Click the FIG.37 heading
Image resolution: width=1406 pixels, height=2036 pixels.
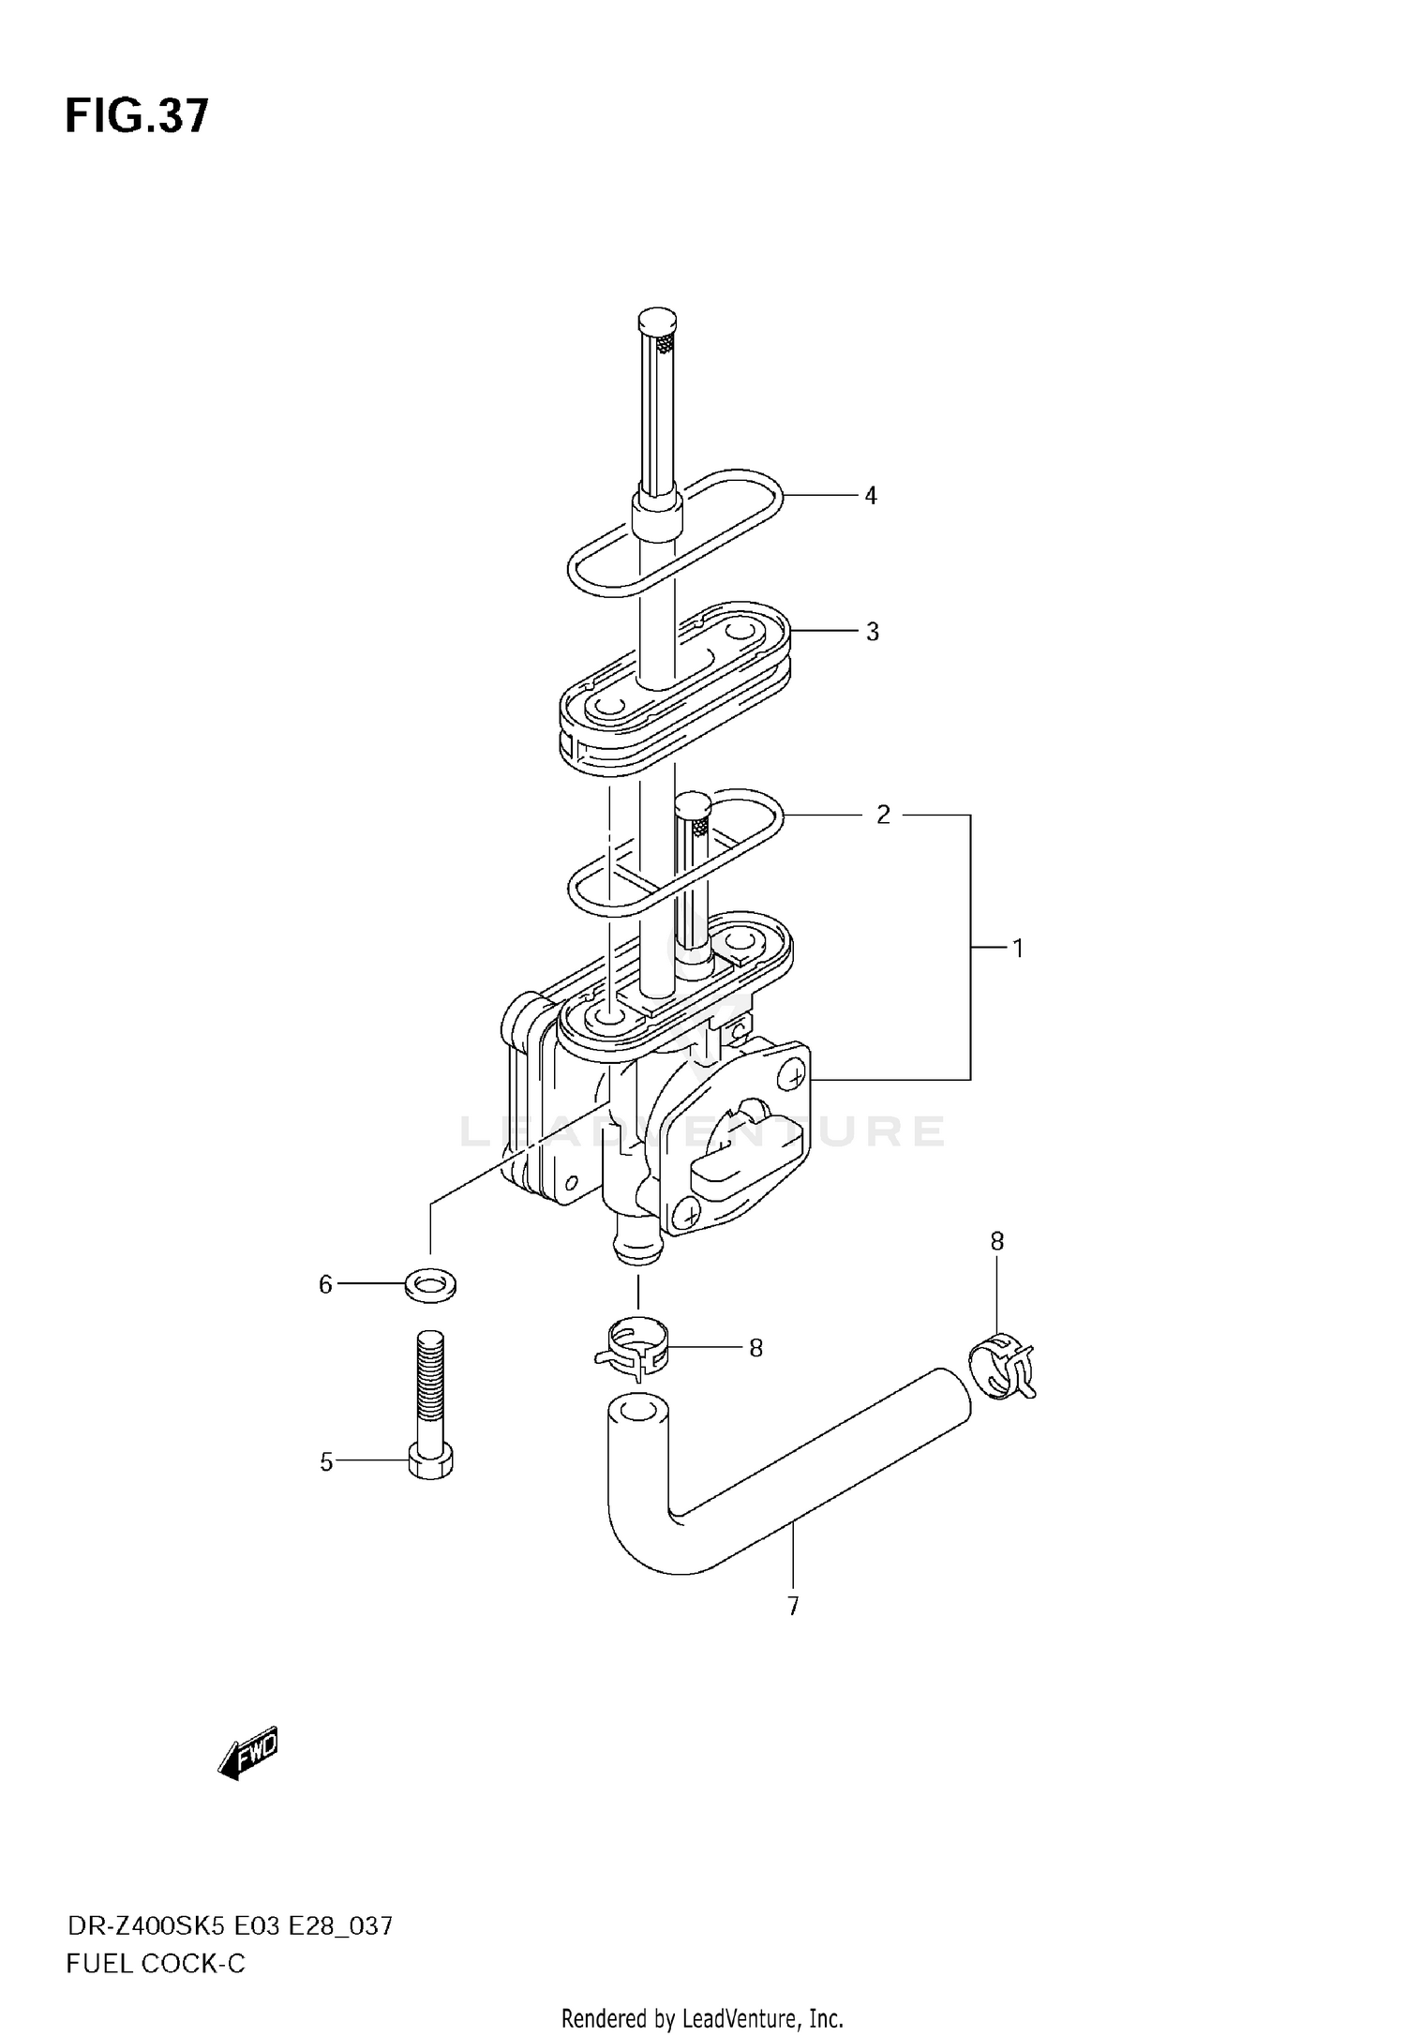137,117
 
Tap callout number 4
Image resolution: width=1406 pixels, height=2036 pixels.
871,496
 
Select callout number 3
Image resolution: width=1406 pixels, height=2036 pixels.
872,633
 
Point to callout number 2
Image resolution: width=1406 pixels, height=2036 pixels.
883,816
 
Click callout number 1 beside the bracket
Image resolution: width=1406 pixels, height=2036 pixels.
1017,949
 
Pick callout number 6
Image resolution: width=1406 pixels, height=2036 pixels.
325,1285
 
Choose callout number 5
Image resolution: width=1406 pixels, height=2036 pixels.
326,1462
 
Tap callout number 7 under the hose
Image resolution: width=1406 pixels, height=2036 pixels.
793,1607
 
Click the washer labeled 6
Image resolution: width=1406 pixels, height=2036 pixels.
430,1285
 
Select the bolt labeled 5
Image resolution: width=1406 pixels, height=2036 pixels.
431,1406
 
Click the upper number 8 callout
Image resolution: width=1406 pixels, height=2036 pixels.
996,1242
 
